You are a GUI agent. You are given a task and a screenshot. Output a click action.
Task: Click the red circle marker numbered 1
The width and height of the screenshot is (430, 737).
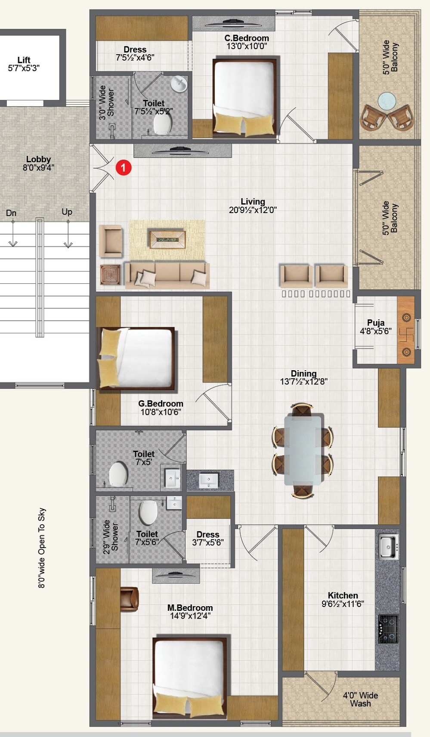[x=124, y=167]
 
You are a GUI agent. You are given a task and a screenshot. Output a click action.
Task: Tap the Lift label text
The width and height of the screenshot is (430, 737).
[x=24, y=60]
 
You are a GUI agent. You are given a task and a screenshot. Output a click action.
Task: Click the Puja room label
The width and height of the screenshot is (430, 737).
[x=376, y=323]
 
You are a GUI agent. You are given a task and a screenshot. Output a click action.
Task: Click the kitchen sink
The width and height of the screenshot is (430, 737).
[x=389, y=547]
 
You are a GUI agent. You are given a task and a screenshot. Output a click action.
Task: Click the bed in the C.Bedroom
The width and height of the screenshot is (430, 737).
[x=244, y=97]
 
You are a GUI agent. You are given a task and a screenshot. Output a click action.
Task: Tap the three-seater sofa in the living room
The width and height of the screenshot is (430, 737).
[x=167, y=275]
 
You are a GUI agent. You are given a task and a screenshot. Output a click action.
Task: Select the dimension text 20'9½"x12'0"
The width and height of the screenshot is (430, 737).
[x=253, y=210]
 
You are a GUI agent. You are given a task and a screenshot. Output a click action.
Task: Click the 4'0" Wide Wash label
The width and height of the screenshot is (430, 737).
[x=360, y=699]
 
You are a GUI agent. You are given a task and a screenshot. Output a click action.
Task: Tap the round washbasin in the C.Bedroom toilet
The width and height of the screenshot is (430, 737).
[x=178, y=84]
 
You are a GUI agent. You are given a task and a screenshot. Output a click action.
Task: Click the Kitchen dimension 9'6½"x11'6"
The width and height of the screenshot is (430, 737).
[x=343, y=604]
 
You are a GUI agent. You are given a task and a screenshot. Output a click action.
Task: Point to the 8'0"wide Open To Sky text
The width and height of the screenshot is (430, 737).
[x=42, y=548]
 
